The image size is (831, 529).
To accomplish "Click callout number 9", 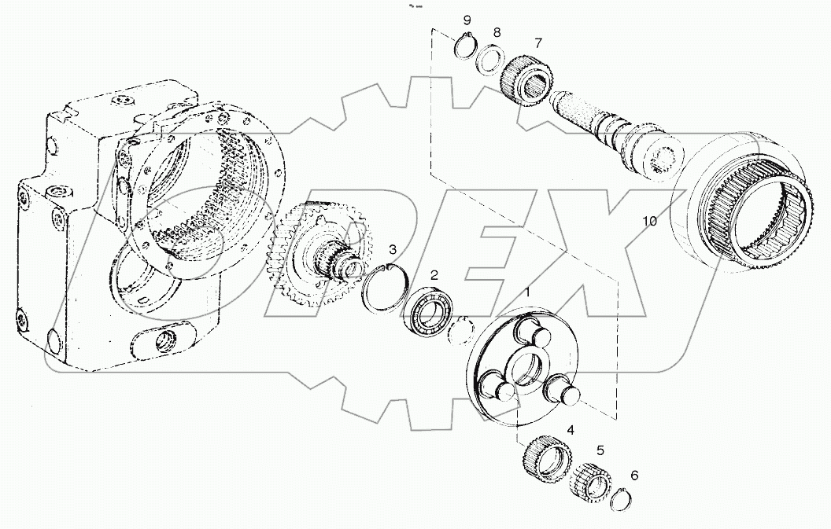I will coord(467,20).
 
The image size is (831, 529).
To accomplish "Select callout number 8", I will coord(497,32).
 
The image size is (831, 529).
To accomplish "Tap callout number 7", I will coord(538,42).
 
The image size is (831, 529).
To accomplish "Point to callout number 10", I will coord(649,222).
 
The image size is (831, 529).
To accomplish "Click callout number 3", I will coord(393,250).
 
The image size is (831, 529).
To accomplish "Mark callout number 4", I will coord(571,431).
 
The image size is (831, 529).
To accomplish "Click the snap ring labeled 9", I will coord(467,46).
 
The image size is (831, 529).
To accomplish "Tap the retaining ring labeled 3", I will coord(386,288).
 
